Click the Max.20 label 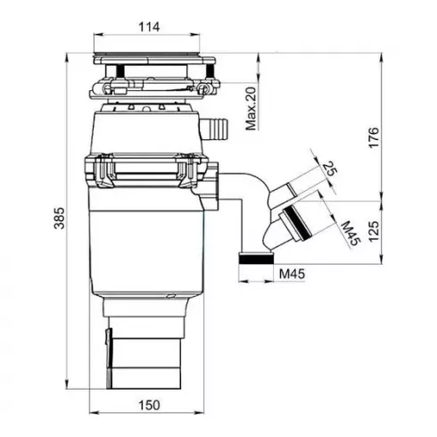tap(251, 107)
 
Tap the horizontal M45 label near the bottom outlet tap(293, 274)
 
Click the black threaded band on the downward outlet tap(257, 257)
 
